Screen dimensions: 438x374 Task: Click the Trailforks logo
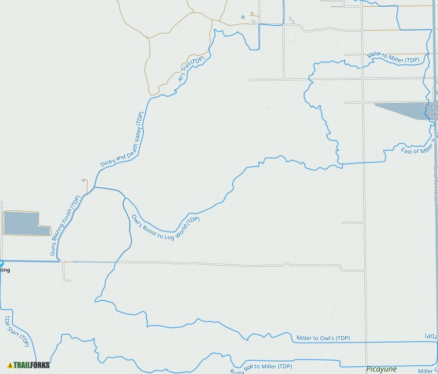(x=29, y=365)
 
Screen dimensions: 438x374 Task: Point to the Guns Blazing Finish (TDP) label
(x=65, y=225)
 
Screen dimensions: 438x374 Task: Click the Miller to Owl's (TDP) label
(x=323, y=338)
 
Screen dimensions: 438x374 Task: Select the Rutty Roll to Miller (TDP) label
(x=260, y=368)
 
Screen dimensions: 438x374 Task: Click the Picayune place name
(x=381, y=369)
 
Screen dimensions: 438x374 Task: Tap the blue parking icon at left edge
(x=1, y=263)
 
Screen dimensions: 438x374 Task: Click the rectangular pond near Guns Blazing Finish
(x=23, y=223)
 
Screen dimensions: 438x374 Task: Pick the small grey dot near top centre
(x=243, y=17)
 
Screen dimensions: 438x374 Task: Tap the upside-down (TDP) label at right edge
(x=431, y=336)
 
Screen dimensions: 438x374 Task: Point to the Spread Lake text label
(x=430, y=109)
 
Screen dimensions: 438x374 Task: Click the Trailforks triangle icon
(x=10, y=365)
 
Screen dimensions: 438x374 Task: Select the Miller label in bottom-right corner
(x=427, y=371)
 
